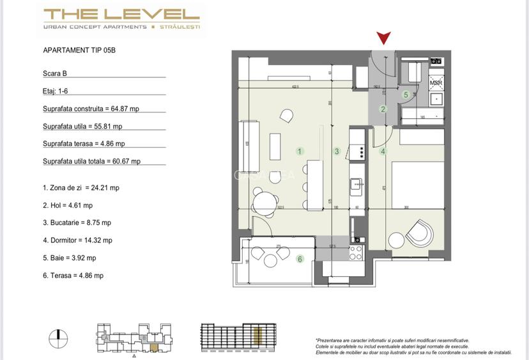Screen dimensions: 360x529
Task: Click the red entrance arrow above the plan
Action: pyautogui.click(x=384, y=38)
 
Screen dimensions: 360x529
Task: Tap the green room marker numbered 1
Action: pyautogui.click(x=300, y=152)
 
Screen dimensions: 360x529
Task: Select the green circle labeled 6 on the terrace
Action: pyautogui.click(x=300, y=259)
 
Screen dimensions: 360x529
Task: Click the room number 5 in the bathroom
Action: pyautogui.click(x=406, y=95)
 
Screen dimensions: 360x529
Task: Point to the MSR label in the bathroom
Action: pyautogui.click(x=436, y=83)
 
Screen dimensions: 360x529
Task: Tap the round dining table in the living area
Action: pyautogui.click(x=263, y=203)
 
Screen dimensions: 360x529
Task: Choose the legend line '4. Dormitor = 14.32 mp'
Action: pyautogui.click(x=77, y=240)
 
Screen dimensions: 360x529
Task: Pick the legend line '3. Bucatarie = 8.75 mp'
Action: pyautogui.click(x=77, y=223)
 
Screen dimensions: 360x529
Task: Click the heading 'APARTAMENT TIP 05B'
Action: pyautogui.click(x=79, y=50)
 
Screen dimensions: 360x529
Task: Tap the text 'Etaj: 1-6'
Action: pyautogui.click(x=56, y=91)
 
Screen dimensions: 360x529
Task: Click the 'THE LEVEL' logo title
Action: pyautogui.click(x=121, y=14)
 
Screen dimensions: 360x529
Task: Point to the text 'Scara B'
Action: pyautogui.click(x=55, y=74)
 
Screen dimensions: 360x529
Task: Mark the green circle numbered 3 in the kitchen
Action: pyautogui.click(x=337, y=152)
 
